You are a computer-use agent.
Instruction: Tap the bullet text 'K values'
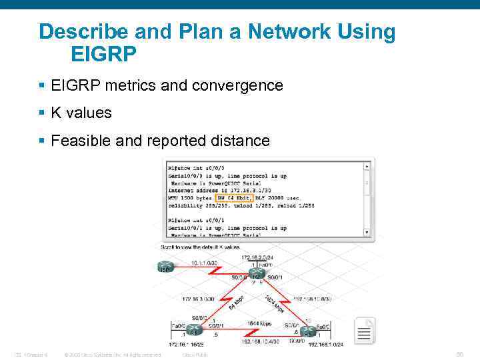81,113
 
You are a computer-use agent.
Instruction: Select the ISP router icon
164,267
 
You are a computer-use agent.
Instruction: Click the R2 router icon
255,275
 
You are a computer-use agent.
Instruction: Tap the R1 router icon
194,329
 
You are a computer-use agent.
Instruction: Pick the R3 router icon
307,331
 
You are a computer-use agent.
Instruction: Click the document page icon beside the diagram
365,331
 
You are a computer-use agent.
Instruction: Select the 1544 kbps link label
259,323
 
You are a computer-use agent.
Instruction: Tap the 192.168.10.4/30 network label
261,341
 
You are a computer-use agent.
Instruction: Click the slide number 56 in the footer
459,355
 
